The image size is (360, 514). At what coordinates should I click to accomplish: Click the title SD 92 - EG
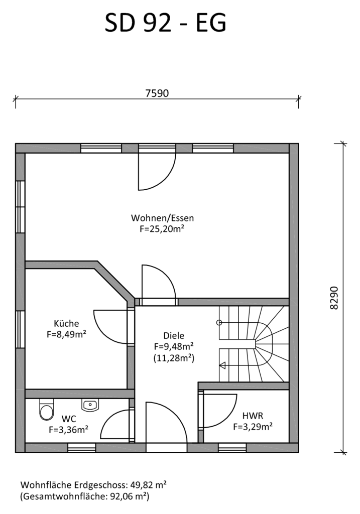[x=166, y=23]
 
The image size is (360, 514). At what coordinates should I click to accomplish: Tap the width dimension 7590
[x=157, y=93]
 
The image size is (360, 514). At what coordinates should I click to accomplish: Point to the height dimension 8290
[x=334, y=298]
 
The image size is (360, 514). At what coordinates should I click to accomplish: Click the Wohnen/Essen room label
[x=162, y=218]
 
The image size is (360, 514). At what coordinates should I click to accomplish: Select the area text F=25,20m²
[x=162, y=229]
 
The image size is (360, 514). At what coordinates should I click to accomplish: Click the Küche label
[x=67, y=323]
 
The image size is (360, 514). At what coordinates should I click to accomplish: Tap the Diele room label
[x=174, y=335]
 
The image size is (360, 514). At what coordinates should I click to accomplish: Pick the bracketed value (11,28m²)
[x=174, y=358]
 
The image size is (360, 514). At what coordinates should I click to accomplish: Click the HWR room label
[x=253, y=416]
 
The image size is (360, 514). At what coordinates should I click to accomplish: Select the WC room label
[x=69, y=419]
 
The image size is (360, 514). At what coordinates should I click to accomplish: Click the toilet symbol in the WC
[x=47, y=410]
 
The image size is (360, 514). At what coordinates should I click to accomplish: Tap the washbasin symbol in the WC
[x=90, y=405]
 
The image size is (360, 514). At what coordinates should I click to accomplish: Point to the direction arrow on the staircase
[x=222, y=365]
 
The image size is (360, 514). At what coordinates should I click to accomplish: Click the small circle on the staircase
[x=219, y=323]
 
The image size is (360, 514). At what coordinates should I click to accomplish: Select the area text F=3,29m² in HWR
[x=253, y=427]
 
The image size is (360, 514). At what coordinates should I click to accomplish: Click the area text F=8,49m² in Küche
[x=67, y=334]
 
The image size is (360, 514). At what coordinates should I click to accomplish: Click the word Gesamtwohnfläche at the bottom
[x=64, y=496]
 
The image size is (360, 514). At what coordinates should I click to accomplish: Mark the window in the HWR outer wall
[x=232, y=448]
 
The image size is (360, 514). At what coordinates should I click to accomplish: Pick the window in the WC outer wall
[x=82, y=448]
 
